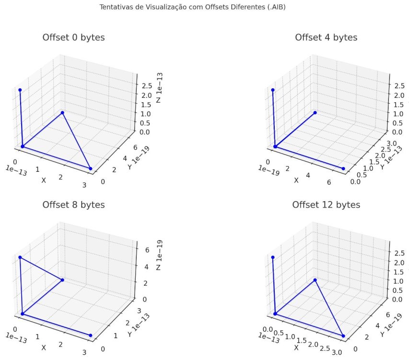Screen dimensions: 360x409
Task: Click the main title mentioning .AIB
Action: point(192,8)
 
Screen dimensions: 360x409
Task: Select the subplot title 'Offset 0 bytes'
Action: point(73,37)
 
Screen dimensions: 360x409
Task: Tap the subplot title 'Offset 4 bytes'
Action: point(326,37)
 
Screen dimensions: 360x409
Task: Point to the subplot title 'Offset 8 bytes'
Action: point(73,205)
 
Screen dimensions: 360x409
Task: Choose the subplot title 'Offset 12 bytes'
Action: point(326,205)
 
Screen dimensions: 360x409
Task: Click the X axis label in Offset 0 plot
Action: point(44,180)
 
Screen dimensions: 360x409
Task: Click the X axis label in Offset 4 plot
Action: point(296,180)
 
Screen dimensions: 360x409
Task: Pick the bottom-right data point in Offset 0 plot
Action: point(91,168)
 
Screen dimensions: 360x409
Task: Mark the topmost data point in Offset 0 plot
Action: point(20,90)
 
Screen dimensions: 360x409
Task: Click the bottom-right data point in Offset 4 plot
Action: point(343,168)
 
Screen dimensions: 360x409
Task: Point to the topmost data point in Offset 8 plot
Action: point(20,257)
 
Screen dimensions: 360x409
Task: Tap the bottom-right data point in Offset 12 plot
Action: point(343,336)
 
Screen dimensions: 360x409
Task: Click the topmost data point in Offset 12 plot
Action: point(272,257)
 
